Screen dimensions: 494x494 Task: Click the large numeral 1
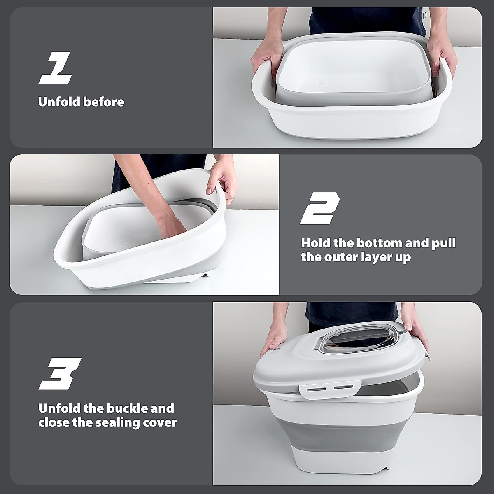pos(56,68)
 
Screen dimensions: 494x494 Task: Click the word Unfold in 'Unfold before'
pos(58,102)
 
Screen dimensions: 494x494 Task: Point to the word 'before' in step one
pos(103,102)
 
